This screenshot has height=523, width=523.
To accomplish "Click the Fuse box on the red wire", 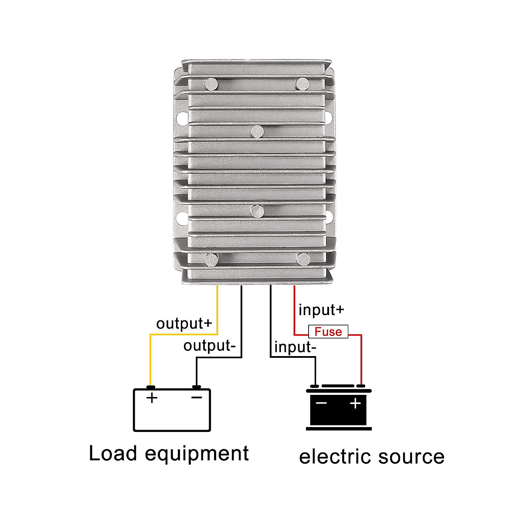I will pos(328,332).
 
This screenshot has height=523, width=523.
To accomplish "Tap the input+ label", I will pos(321,310).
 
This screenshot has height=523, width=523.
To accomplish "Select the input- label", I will pos(295,347).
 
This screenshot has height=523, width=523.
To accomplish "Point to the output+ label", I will pos(184,323).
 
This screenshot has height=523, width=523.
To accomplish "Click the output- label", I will pos(209,346).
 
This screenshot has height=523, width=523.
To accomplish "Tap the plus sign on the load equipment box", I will pos(152,397).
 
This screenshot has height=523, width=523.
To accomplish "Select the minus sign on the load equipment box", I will pos(197,397).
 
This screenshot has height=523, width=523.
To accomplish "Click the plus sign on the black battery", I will pos(356,403).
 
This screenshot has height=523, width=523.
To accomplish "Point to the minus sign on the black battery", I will pos(321,403).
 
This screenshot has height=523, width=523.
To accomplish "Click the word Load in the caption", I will pos(113,453).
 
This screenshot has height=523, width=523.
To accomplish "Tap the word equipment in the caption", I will pos(197,454).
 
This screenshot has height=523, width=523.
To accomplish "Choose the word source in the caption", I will pos(411,457).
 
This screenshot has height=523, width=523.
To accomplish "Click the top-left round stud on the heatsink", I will pos(212,83).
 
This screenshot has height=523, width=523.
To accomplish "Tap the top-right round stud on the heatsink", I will pos(302,83).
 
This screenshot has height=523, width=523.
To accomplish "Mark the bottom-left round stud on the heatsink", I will pos(211,259).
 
